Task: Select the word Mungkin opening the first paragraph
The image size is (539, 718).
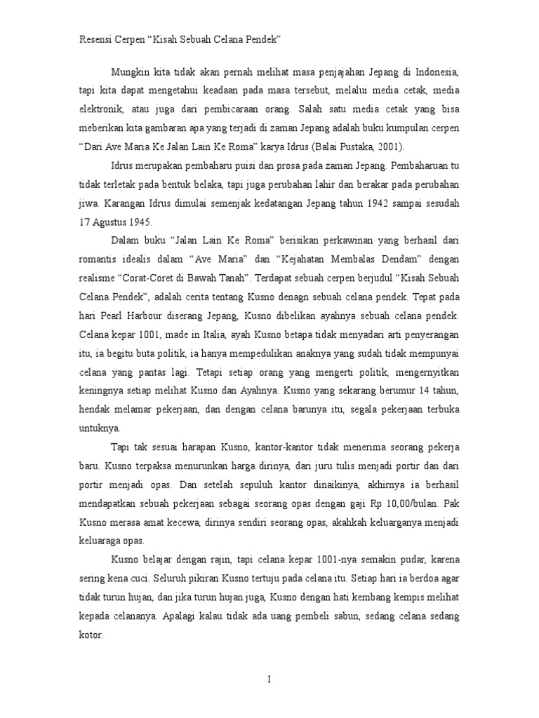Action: pyautogui.click(x=130, y=72)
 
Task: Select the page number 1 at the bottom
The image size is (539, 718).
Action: pyautogui.click(x=269, y=679)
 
